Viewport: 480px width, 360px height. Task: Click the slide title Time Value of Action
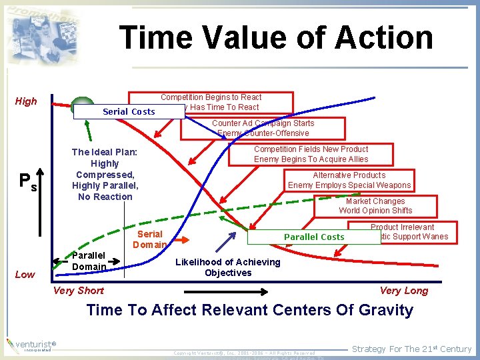[x=275, y=37]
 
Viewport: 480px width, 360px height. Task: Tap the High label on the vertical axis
[x=26, y=101]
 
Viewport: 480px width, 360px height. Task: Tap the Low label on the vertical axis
[x=25, y=274]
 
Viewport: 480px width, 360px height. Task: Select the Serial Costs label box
[x=129, y=111]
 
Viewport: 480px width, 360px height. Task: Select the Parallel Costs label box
[x=314, y=237]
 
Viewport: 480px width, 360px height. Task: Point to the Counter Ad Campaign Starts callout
[x=263, y=127]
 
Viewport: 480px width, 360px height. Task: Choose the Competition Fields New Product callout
[x=311, y=154]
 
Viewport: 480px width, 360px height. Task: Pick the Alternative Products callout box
[x=349, y=180]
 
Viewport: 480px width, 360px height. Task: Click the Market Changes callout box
[x=375, y=205]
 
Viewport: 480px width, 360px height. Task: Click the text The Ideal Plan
[x=104, y=174]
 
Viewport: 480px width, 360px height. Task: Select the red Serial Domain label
[x=149, y=239]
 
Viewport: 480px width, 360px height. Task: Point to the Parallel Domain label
[x=89, y=261]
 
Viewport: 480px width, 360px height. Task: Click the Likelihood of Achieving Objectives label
[x=227, y=267]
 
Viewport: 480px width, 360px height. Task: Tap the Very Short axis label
[x=78, y=290]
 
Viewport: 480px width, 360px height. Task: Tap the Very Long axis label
[x=403, y=290]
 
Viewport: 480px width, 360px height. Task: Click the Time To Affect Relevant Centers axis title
[x=249, y=310]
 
